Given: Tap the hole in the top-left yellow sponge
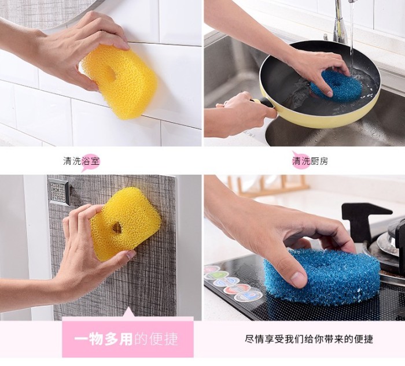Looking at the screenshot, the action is click(x=111, y=72).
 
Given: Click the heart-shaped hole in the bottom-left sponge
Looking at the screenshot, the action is click(x=117, y=228).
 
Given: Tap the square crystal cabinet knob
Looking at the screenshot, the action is click(x=58, y=192).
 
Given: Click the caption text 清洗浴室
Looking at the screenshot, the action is click(x=82, y=161).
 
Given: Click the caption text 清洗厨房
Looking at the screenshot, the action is click(x=310, y=161).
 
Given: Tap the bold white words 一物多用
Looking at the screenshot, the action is click(x=104, y=339).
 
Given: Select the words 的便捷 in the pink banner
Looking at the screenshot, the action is click(x=156, y=339).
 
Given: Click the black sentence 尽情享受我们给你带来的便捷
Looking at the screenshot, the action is click(x=309, y=339).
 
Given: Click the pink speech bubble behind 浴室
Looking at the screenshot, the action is click(x=90, y=162).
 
